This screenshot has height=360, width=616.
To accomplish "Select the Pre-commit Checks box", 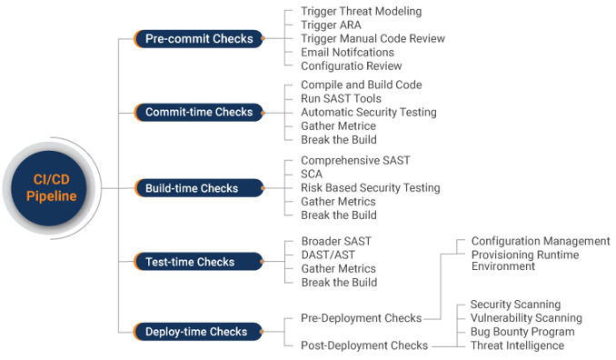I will click(x=198, y=39).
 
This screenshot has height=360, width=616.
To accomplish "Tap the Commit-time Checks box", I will click(x=198, y=113).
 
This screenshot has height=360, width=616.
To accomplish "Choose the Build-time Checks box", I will click(x=191, y=188).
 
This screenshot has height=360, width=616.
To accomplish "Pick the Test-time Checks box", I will click(x=189, y=262).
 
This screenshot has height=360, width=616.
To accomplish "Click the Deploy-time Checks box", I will click(x=195, y=332).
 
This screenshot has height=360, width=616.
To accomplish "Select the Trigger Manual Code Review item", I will click(x=373, y=39).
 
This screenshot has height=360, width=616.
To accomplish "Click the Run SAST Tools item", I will click(x=341, y=98).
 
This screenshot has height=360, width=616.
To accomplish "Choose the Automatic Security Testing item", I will click(x=368, y=112).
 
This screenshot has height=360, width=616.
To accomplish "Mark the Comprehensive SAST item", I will click(x=355, y=160).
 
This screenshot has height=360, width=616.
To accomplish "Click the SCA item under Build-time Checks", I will click(x=311, y=174).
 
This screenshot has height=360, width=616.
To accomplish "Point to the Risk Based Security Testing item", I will click(x=370, y=187).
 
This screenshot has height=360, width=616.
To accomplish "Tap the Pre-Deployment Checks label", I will click(x=361, y=318).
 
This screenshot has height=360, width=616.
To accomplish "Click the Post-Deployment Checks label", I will click(x=363, y=345).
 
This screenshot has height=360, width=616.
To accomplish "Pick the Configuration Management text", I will click(x=540, y=241).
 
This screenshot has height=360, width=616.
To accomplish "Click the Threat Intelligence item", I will click(x=517, y=345).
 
